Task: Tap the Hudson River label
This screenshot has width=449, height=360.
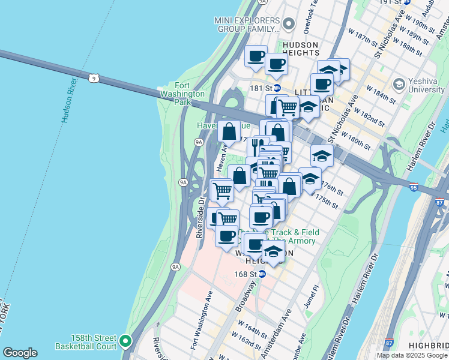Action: [x=70, y=100]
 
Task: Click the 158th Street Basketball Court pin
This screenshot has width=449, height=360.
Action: [x=125, y=341]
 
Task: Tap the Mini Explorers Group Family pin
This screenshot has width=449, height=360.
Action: [x=289, y=25]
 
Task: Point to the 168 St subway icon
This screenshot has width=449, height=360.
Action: [x=262, y=274]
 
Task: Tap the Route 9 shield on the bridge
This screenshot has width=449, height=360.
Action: [x=94, y=78]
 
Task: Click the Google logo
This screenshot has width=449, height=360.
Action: [x=20, y=353]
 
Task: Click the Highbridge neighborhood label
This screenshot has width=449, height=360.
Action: [x=428, y=346]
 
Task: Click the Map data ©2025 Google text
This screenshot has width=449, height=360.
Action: [x=412, y=355]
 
